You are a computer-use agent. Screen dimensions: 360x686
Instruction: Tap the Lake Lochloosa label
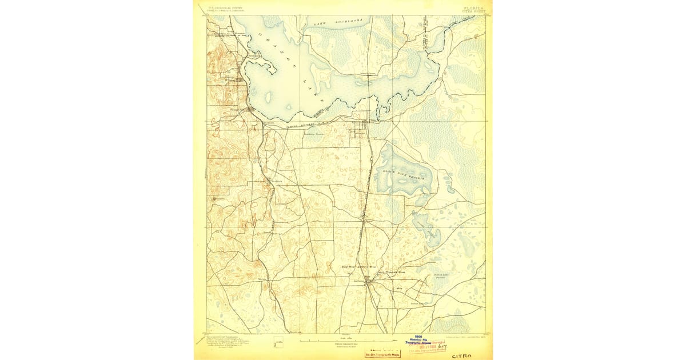pyautogui.click(x=338, y=22)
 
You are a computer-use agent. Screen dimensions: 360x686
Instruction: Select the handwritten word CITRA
pyautogui.click(x=462, y=355)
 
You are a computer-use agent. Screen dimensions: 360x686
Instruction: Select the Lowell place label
pyautogui.click(x=266, y=233)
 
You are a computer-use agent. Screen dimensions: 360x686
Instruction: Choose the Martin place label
pyautogui.click(x=262, y=279)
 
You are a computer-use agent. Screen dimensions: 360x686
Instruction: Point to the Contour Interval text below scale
pyautogui.click(x=342, y=345)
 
